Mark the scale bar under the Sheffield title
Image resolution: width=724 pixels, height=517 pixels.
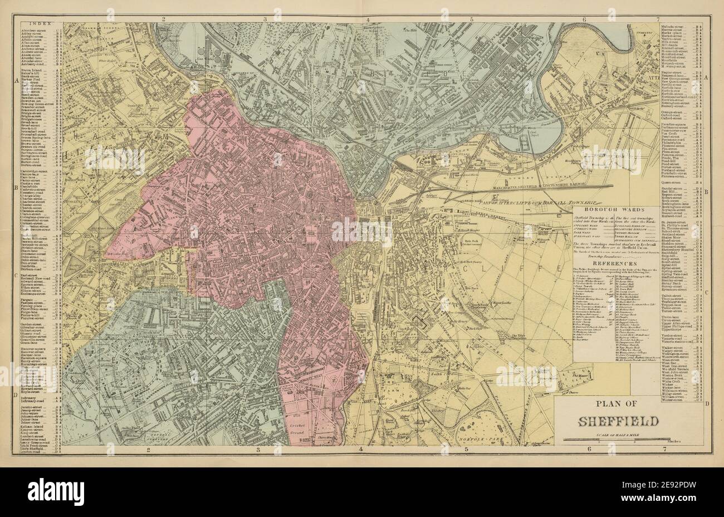(x=611, y=441)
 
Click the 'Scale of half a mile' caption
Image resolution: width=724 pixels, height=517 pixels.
(x=611, y=435)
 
